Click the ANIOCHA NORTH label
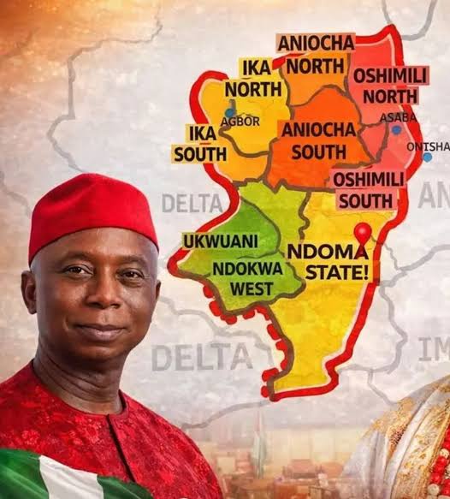[x=312, y=54]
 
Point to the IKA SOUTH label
[x=199, y=143]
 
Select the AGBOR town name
[x=240, y=121]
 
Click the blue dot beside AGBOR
[x=229, y=112]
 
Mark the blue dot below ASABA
[x=396, y=130]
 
